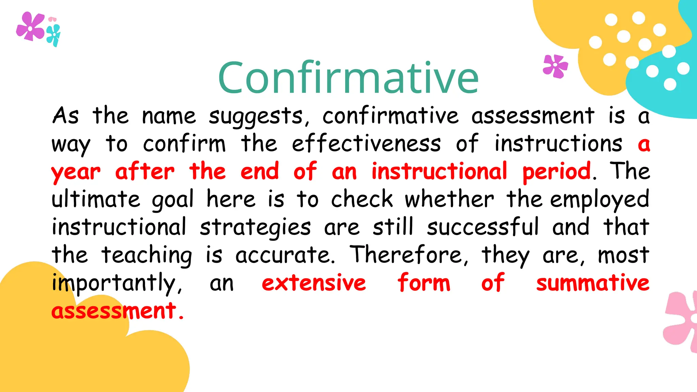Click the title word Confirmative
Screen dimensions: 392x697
click(348, 78)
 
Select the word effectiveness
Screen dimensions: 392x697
click(366, 144)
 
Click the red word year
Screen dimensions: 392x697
click(76, 172)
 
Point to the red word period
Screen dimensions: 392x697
click(556, 172)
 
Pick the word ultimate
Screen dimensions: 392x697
click(96, 199)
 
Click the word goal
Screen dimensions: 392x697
click(173, 200)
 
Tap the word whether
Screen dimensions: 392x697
click(449, 199)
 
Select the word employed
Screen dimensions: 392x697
click(600, 200)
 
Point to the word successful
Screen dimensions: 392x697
click(483, 227)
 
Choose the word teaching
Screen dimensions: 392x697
click(147, 255)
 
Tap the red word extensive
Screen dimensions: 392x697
click(314, 283)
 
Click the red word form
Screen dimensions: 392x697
click(424, 283)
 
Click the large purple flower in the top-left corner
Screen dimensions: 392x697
click(30, 27)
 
